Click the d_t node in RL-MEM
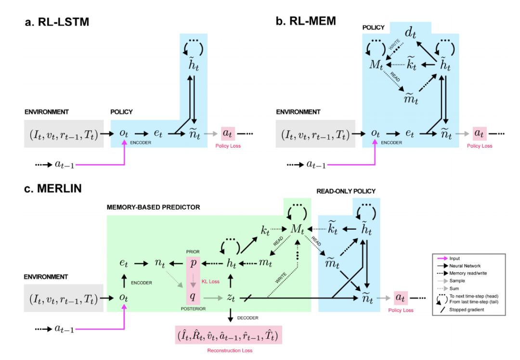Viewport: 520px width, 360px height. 410,33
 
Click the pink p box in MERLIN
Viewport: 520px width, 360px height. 193,264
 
